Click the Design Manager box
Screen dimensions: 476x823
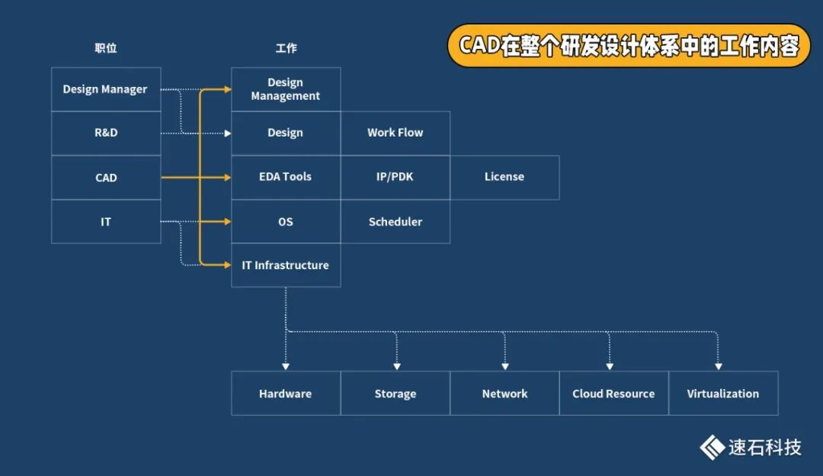point(106,89)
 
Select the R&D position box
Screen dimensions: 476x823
point(106,133)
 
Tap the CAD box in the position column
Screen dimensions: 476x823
point(106,178)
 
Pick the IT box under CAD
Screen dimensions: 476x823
point(106,222)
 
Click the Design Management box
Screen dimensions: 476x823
point(286,89)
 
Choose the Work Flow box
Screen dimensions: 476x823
point(395,133)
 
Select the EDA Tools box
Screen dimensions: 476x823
point(286,178)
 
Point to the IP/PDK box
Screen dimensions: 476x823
point(395,178)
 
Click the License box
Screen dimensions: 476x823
point(504,178)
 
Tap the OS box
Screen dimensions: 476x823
point(286,222)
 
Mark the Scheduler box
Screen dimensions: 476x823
point(395,222)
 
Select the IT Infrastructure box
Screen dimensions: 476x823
point(286,265)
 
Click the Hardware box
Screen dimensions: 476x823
point(286,394)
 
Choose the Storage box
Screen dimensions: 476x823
point(395,394)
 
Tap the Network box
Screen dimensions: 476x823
point(504,394)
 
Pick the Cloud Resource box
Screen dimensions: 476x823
point(613,394)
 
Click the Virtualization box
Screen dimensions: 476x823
point(723,394)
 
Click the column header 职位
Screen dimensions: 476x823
point(106,48)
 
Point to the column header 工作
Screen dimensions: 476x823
point(286,48)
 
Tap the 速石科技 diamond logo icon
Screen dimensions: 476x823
point(712,447)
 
